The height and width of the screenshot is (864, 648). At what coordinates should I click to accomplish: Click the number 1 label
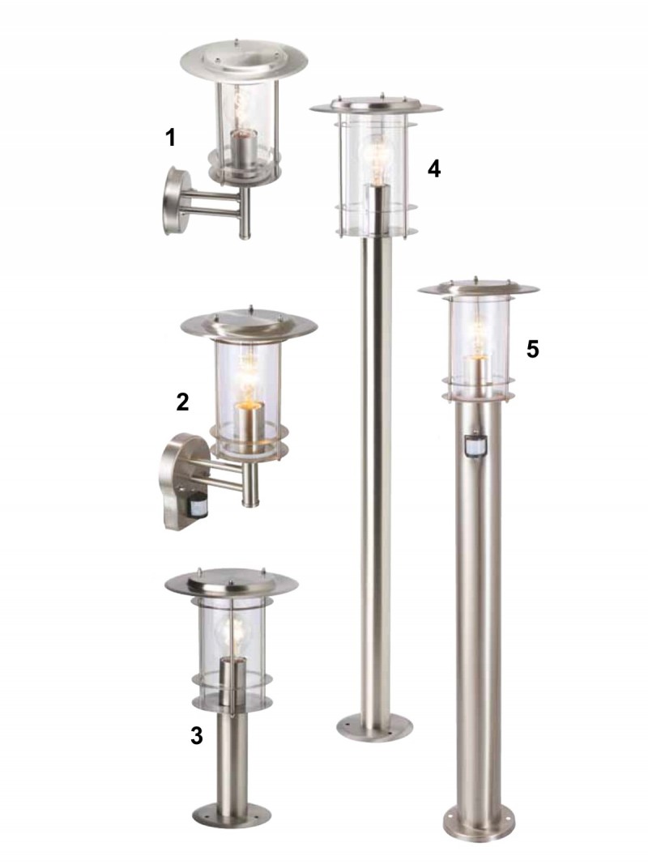tap(171, 137)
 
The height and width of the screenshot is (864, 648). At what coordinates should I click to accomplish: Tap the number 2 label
tap(182, 402)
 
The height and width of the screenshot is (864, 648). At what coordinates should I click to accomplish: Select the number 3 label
tap(196, 735)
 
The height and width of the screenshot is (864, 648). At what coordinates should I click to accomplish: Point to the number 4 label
tap(434, 168)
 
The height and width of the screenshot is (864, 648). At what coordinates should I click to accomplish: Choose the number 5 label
tap(532, 349)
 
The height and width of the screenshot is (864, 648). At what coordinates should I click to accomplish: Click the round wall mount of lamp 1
tap(176, 201)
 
